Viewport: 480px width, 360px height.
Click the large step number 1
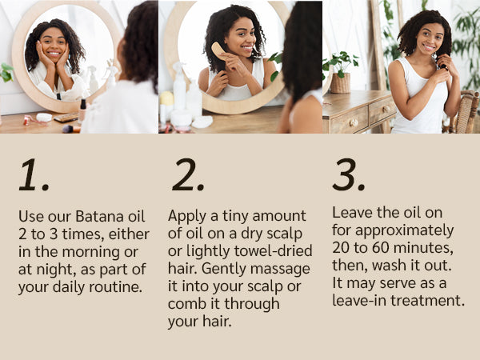(34, 175)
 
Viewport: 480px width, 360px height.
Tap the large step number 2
(188, 175)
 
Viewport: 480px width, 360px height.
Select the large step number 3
(348, 175)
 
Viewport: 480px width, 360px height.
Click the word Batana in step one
(100, 216)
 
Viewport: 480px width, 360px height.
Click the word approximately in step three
(404, 231)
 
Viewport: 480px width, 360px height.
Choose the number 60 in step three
(381, 247)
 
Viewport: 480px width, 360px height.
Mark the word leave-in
(359, 300)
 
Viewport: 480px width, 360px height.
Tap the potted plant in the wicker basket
(341, 72)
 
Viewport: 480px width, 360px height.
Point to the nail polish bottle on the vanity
(82, 110)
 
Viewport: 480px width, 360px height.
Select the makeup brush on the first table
(71, 129)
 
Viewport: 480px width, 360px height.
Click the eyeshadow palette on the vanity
(66, 118)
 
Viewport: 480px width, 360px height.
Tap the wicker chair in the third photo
(464, 112)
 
